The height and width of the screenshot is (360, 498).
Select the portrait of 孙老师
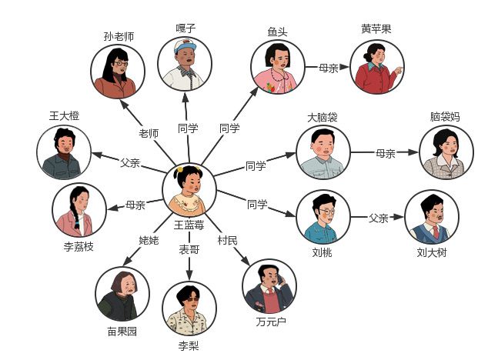click(119, 72)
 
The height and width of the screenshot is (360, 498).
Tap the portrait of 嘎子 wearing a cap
click(185, 64)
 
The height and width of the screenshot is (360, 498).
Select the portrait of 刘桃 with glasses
click(323, 217)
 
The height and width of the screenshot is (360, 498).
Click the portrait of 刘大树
click(431, 217)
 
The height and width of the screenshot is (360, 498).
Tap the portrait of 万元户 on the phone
click(269, 285)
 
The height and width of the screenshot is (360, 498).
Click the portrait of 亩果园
click(122, 294)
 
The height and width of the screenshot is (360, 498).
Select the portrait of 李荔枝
click(79, 210)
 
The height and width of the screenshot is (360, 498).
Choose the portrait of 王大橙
click(64, 152)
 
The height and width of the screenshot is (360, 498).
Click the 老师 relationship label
click(149, 133)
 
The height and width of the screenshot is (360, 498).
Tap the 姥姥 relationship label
click(149, 241)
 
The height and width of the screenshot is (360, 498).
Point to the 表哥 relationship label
click(189, 249)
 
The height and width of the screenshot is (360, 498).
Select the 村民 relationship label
click(227, 240)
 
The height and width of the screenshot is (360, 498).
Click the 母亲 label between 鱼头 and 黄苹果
click(329, 68)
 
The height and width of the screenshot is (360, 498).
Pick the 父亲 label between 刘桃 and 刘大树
click(378, 218)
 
